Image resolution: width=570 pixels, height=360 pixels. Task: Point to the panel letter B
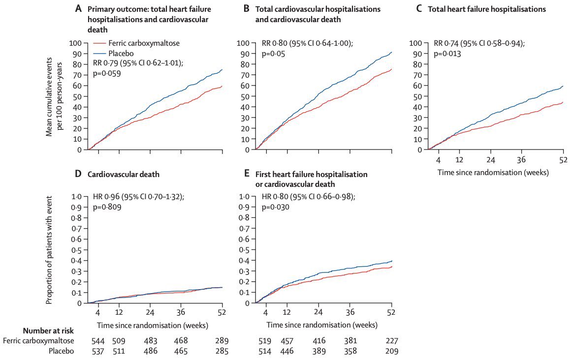(x=246, y=9)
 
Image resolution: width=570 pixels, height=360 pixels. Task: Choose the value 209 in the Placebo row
(x=391, y=351)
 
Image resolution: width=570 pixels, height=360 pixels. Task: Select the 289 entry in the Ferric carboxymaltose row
(x=222, y=340)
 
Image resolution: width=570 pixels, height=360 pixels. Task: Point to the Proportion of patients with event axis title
(x=50, y=249)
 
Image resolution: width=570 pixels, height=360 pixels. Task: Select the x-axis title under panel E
(x=322, y=325)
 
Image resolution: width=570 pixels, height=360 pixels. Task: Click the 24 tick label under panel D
(x=150, y=313)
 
